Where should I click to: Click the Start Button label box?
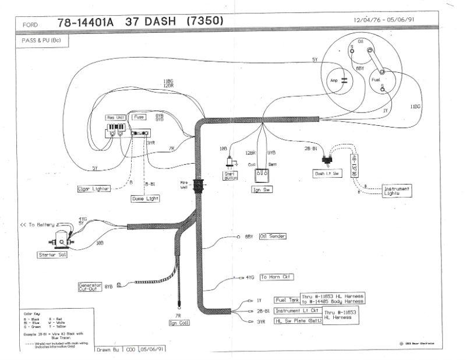pos(230,175)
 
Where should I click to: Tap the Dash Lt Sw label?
pos(328,174)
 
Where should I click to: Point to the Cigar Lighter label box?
pos(96,189)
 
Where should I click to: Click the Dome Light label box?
pos(145,198)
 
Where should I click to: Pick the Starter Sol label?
pos(51,255)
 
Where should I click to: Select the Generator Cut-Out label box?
pos(90,286)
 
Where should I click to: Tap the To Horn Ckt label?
pos(276,277)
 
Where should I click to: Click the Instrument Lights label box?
pos(396,191)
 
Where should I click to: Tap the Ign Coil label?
pos(176,323)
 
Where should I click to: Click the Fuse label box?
pos(139,117)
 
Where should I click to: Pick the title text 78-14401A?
pos(86,23)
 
